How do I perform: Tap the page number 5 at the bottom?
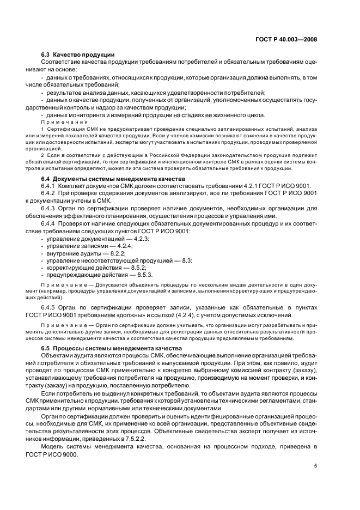coord(316,466)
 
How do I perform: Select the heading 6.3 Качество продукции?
coord(77,54)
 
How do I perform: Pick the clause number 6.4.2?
coord(50,195)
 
